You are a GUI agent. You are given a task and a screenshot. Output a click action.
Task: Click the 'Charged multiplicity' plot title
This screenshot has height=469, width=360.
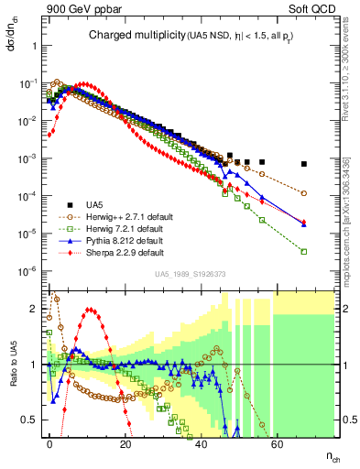point(137,36)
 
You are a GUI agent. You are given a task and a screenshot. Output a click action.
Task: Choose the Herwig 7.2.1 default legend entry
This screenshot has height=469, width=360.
point(119,228)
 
